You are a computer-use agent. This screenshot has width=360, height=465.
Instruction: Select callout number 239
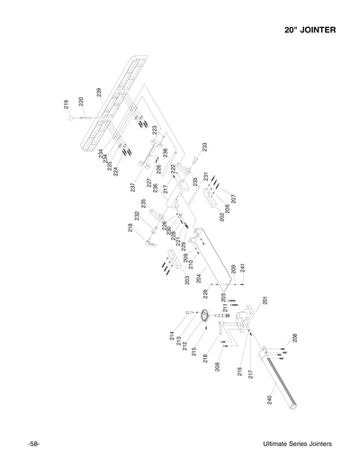click(x=98, y=94)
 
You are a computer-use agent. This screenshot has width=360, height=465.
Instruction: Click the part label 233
click(x=204, y=147)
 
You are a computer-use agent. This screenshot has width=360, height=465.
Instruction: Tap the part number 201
click(x=265, y=300)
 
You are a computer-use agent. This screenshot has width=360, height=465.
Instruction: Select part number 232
click(x=137, y=216)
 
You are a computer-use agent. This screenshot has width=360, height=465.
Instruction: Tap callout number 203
click(x=187, y=280)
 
